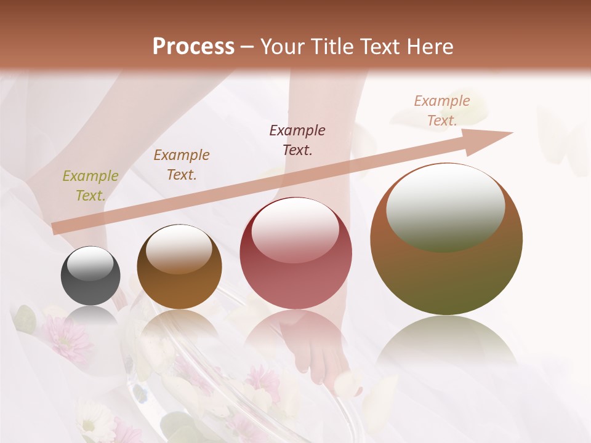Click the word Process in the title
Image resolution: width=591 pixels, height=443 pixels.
tap(193, 47)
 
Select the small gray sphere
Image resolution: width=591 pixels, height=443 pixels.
tap(90, 276)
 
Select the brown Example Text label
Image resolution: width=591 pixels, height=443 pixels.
tap(182, 165)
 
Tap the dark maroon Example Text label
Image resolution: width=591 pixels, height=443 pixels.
tap(297, 140)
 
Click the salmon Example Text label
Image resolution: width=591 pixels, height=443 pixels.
tap(442, 111)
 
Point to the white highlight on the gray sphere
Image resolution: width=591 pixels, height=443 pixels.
tap(90, 263)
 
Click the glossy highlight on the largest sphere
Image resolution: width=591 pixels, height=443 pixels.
tap(445, 206)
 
